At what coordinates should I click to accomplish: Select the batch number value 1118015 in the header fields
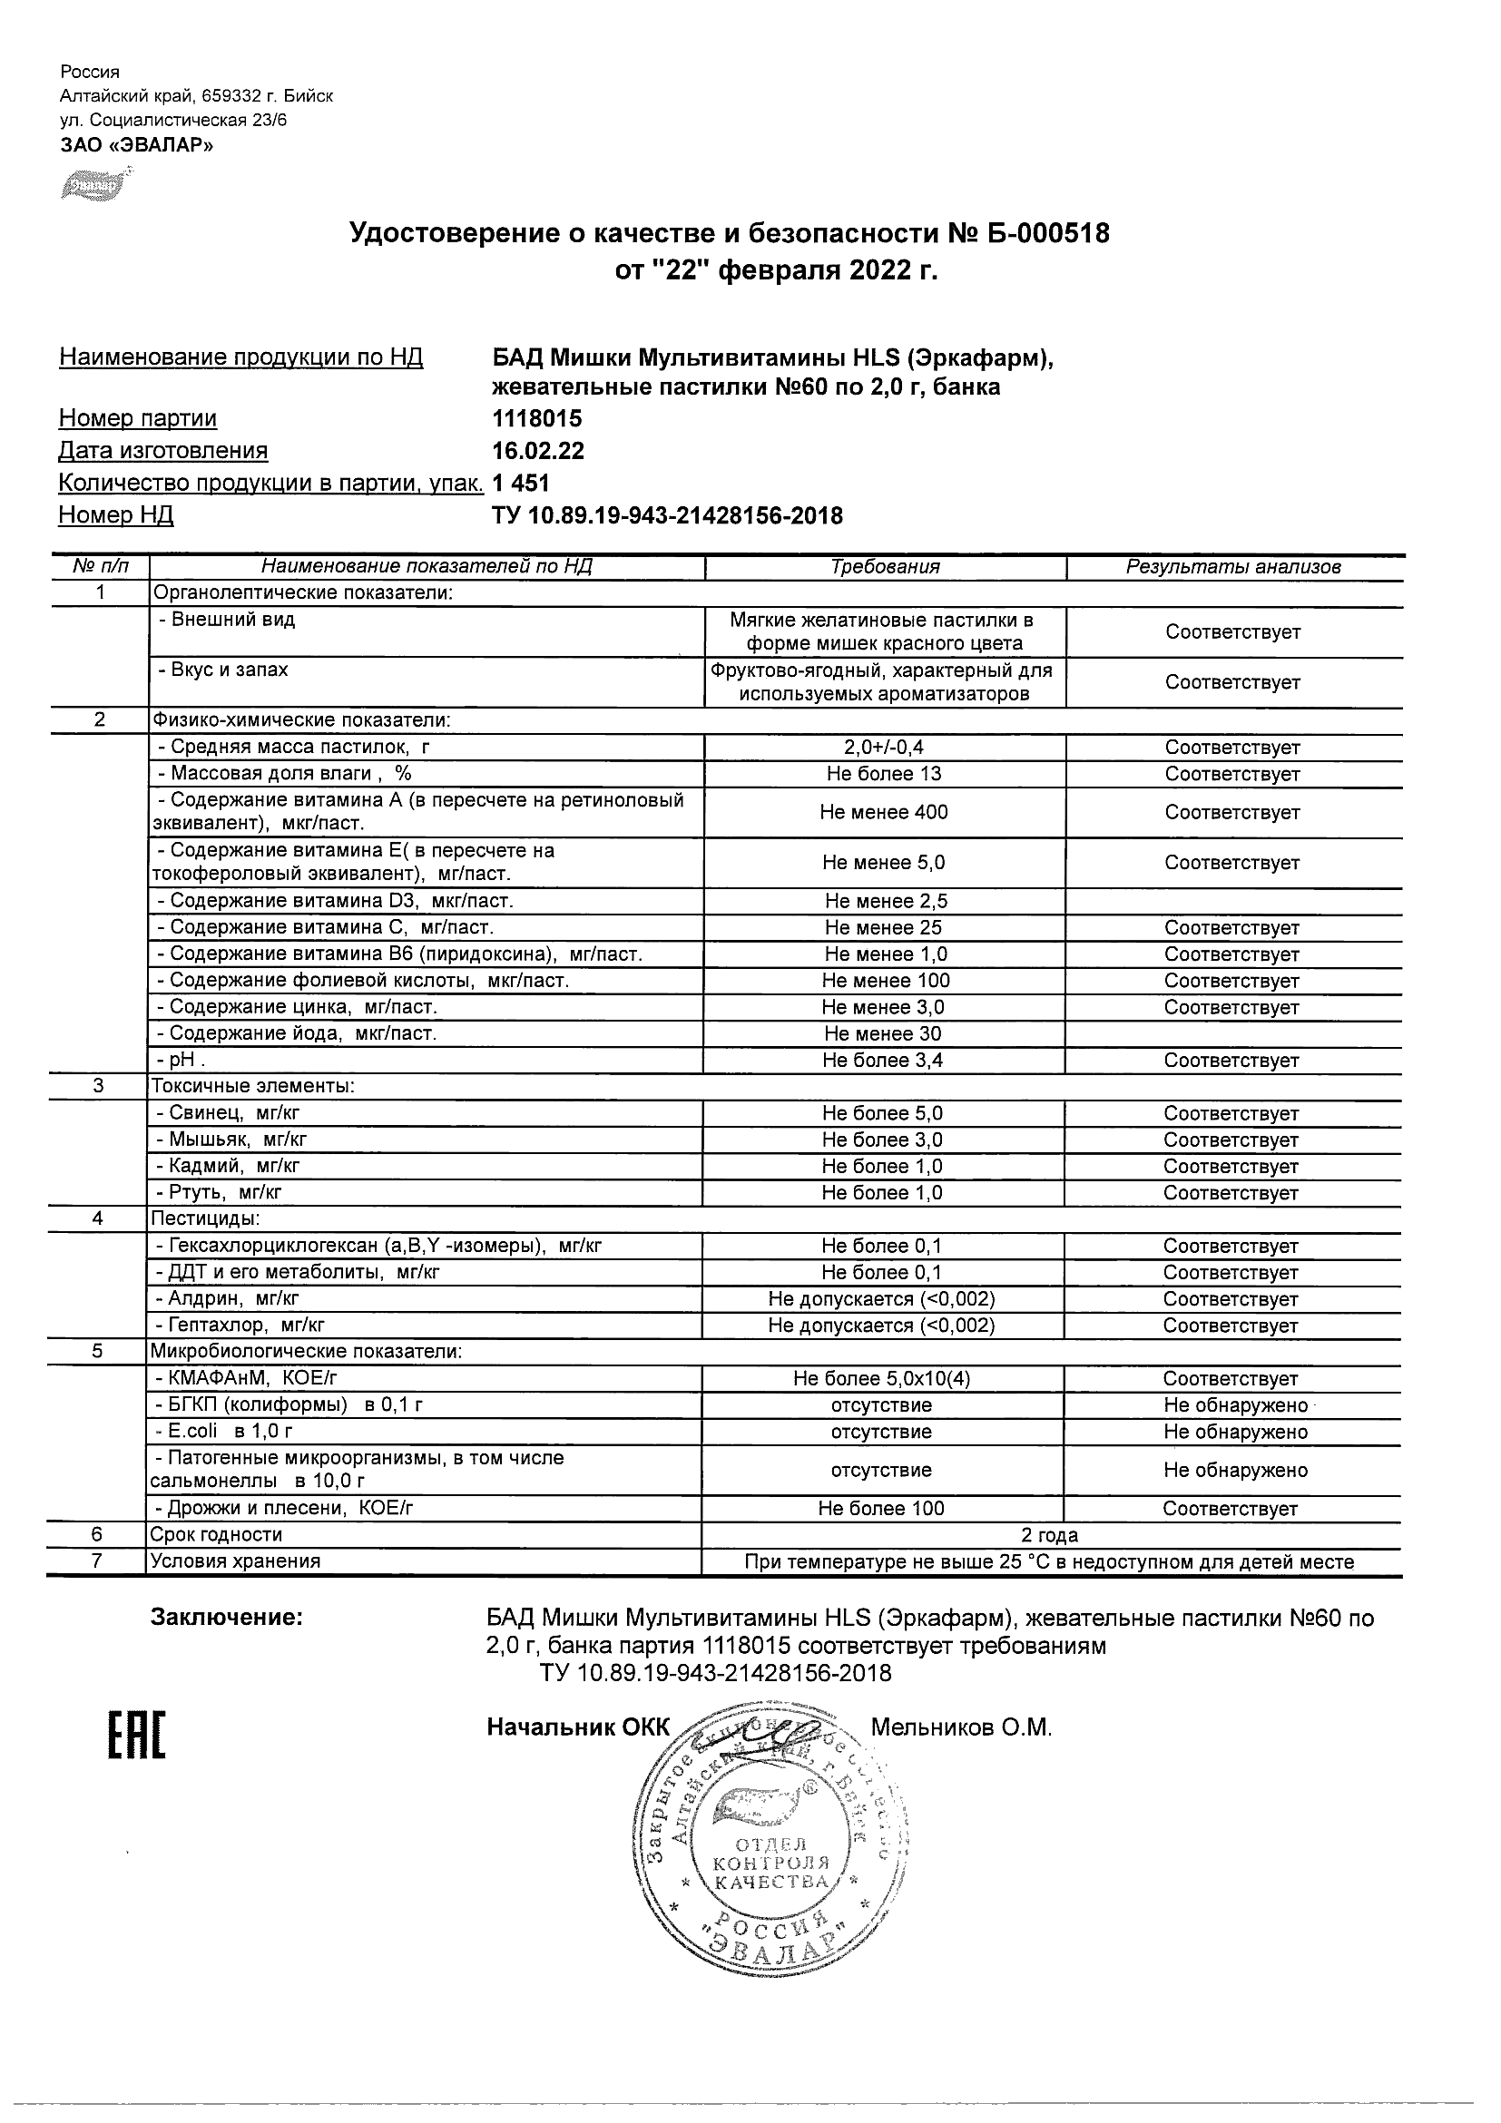point(537,419)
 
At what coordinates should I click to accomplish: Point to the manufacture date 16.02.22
point(538,451)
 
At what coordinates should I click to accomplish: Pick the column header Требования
point(885,567)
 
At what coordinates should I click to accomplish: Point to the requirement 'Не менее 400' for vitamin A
point(883,813)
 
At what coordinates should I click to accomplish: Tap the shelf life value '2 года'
point(1050,1536)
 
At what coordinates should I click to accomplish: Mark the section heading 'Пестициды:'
point(205,1218)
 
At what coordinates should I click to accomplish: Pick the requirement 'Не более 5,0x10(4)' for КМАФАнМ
point(881,1379)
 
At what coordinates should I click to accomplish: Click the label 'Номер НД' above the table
point(116,515)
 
